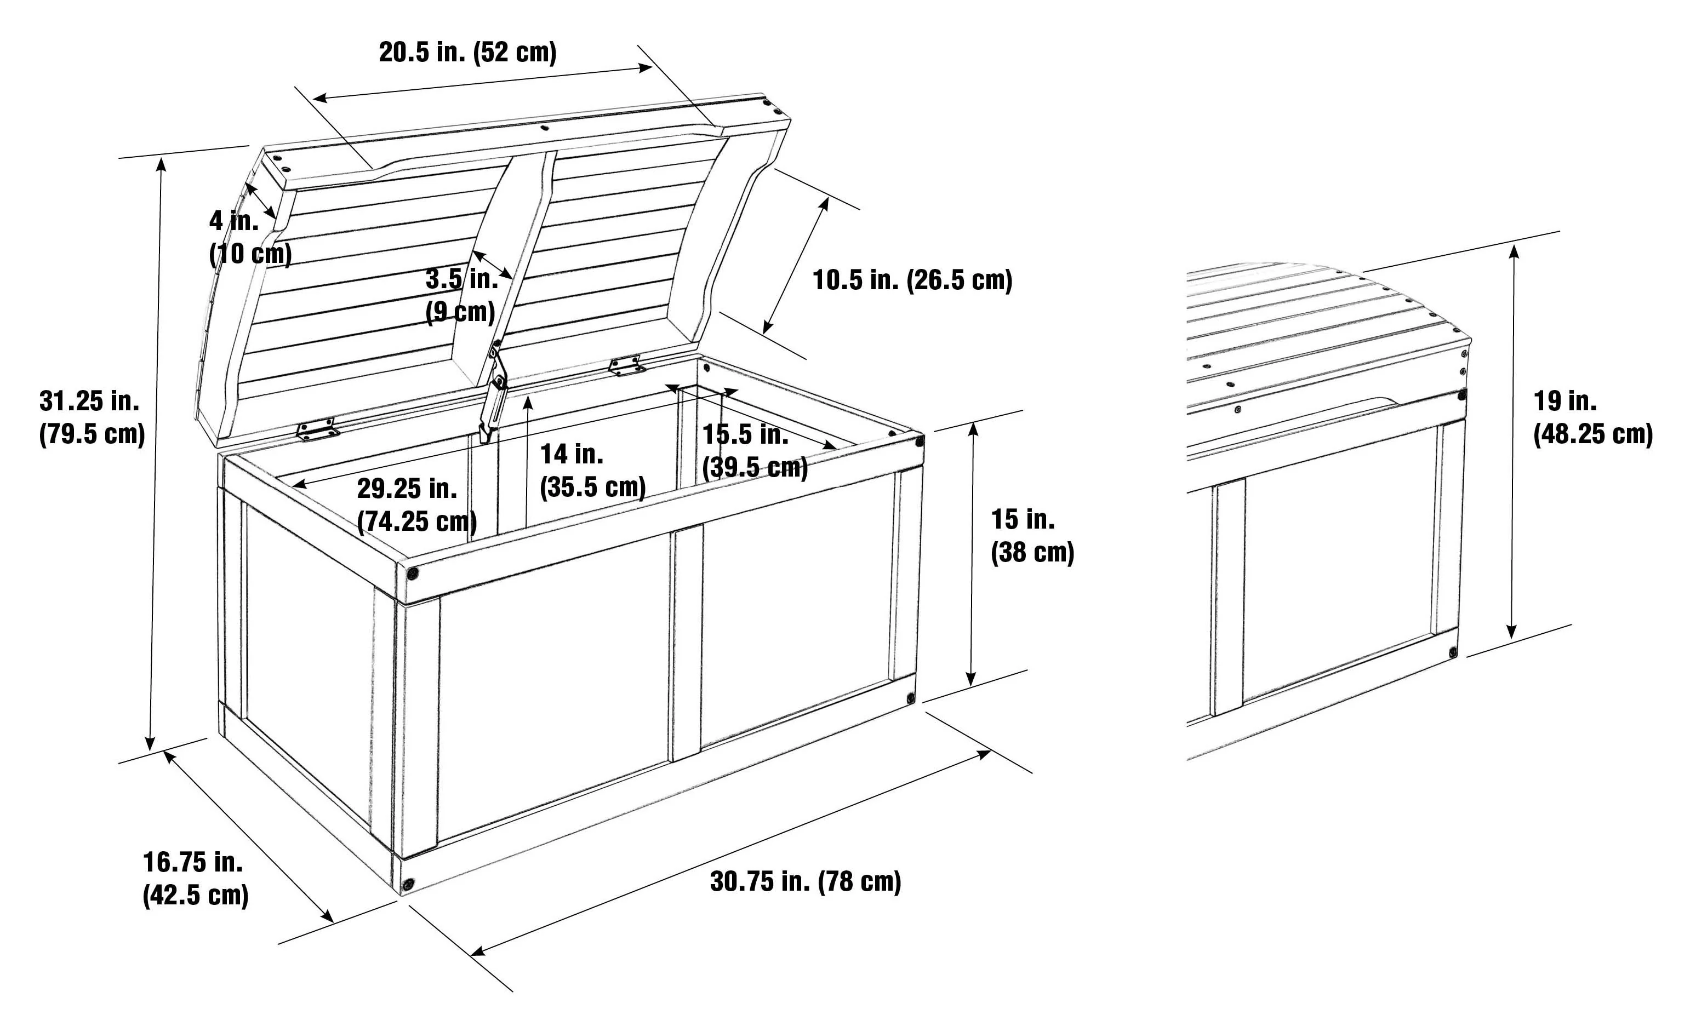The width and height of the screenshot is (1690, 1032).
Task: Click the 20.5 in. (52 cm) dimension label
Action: pyautogui.click(x=468, y=52)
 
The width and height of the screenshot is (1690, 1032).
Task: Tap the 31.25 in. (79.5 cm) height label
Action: pyautogui.click(x=92, y=417)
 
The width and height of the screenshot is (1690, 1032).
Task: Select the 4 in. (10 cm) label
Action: pyautogui.click(x=250, y=237)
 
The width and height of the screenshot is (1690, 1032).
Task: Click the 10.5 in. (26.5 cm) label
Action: pyautogui.click(x=912, y=280)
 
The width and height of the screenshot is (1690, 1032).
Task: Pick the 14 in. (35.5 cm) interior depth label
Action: pyautogui.click(x=592, y=471)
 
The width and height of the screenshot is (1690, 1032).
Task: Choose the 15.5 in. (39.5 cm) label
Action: pyautogui.click(x=755, y=450)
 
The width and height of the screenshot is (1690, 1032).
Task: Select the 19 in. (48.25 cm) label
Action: pyautogui.click(x=1592, y=417)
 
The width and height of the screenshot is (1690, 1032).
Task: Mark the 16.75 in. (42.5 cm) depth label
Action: pyautogui.click(x=196, y=879)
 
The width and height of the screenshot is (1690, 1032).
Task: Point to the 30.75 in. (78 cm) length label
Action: pyautogui.click(x=805, y=881)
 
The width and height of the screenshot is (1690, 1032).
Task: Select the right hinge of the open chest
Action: pyautogui.click(x=627, y=365)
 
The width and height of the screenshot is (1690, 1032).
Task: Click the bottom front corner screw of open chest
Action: pyautogui.click(x=409, y=884)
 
